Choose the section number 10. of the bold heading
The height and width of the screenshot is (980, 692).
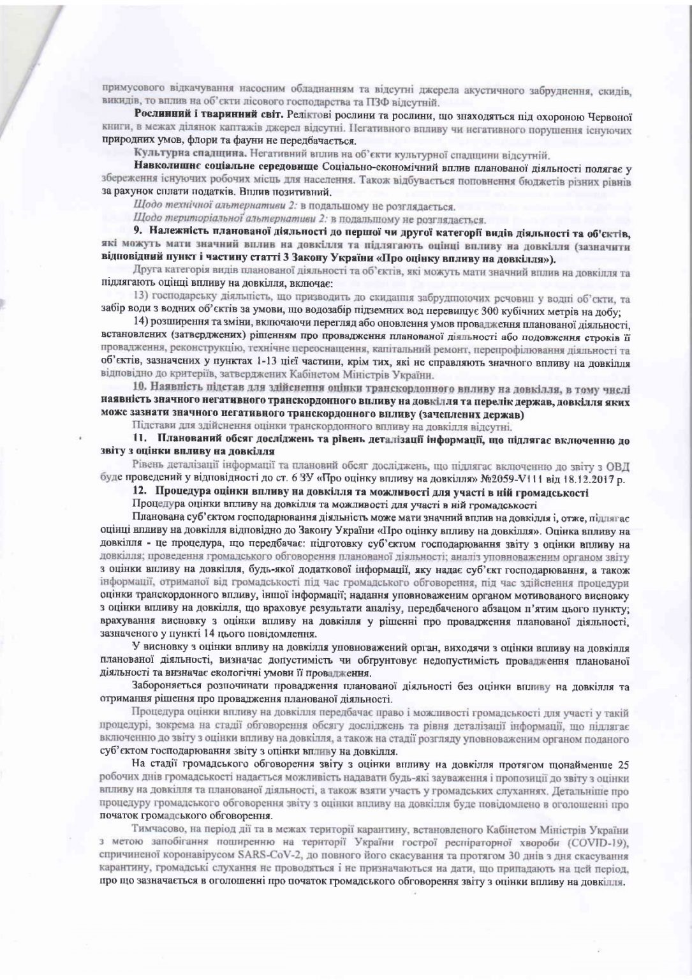139,387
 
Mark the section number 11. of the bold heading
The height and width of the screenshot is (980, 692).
139,440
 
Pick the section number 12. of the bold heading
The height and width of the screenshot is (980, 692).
139,491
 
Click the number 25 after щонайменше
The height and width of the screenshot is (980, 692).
624,764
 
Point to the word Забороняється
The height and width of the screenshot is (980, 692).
163,687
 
